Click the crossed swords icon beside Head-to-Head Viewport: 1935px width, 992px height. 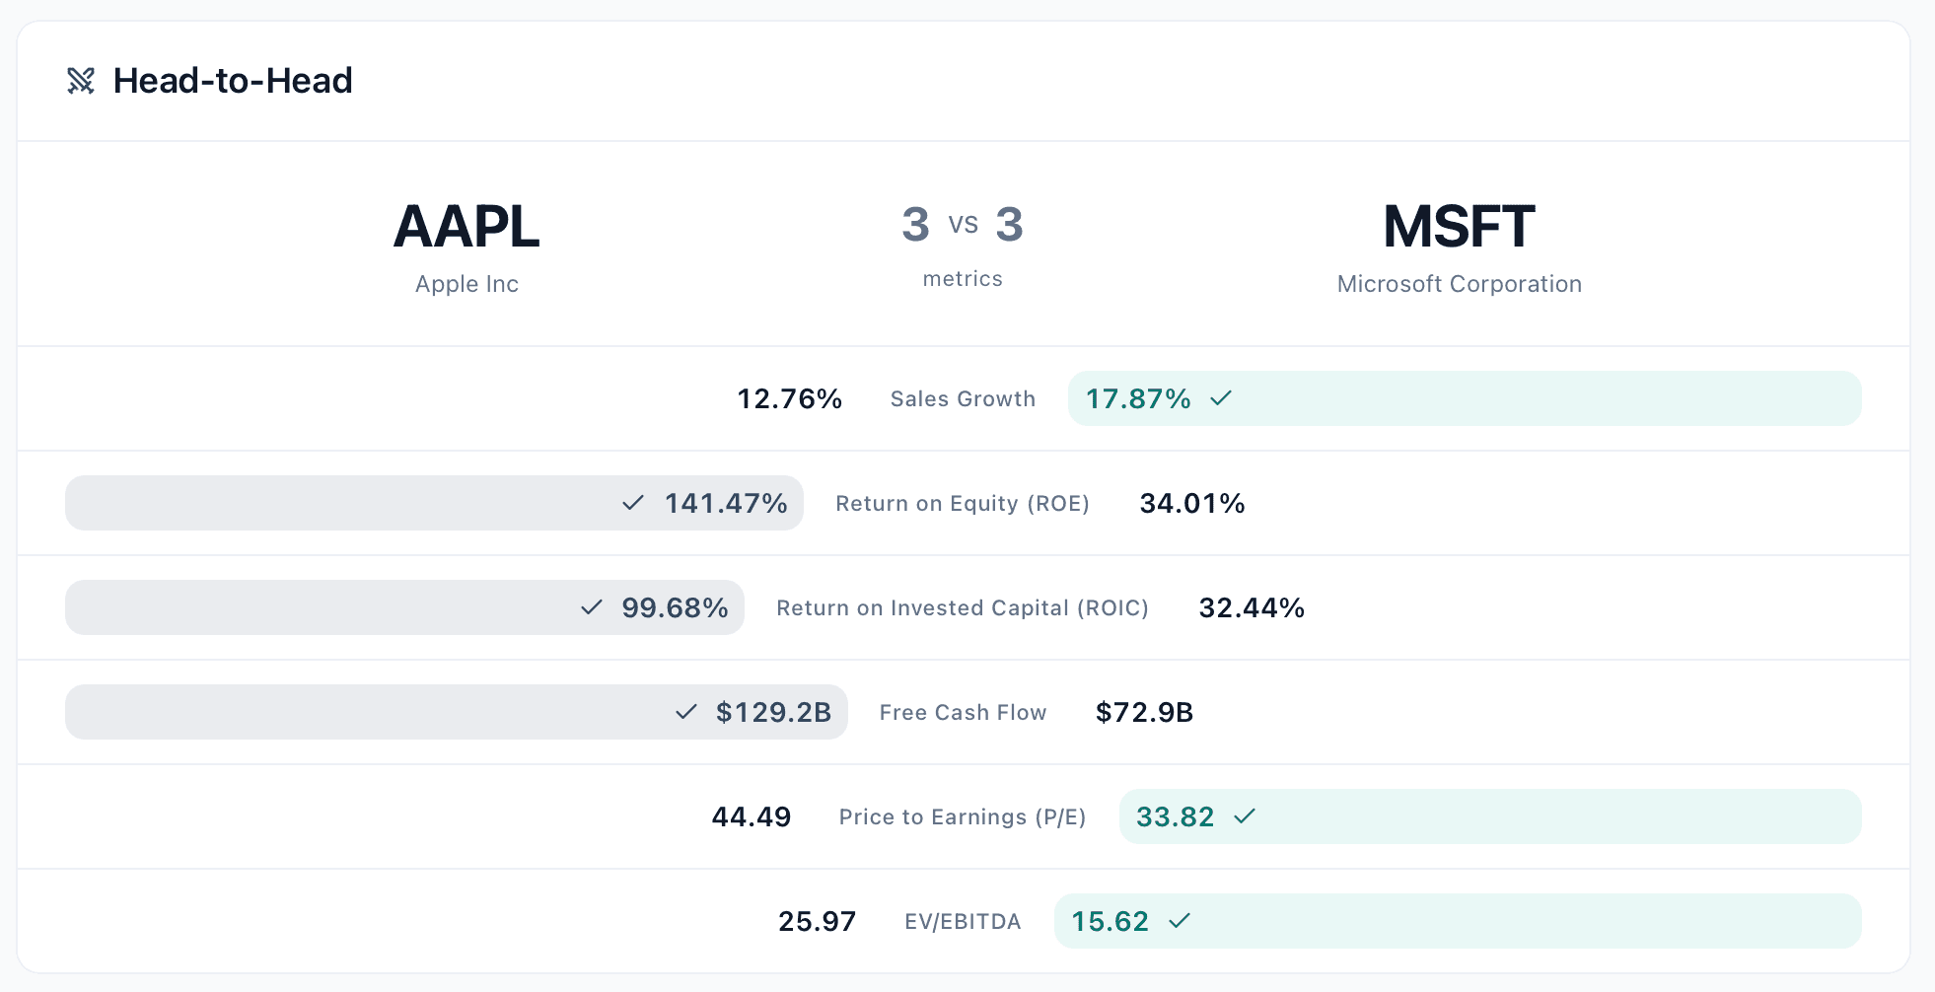[x=81, y=81]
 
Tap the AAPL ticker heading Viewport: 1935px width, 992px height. [x=466, y=227]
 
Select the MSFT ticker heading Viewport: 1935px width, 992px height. [x=1459, y=227]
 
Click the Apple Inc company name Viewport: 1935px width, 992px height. [x=466, y=284]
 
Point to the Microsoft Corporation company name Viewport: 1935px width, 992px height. [x=1460, y=284]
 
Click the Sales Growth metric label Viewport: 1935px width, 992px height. [x=963, y=398]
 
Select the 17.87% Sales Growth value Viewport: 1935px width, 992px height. [x=1138, y=398]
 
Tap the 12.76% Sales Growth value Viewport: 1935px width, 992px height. [x=790, y=398]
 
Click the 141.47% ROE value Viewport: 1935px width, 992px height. [x=726, y=503]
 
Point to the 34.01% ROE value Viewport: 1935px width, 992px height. [x=1192, y=503]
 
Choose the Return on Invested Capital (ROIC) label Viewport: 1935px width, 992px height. [x=963, y=607]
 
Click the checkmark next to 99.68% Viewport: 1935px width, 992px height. [x=592, y=607]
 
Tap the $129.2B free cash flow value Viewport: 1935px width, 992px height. [x=773, y=712]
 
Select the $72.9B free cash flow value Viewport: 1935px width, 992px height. [x=1144, y=712]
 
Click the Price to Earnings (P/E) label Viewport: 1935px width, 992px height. [x=963, y=816]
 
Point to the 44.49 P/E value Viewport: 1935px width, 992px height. [x=752, y=816]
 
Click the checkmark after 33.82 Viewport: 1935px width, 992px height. [x=1245, y=815]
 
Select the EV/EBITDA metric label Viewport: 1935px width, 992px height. [x=963, y=921]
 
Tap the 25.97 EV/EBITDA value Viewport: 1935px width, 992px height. [x=817, y=921]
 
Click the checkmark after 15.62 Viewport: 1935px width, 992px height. [x=1180, y=920]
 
